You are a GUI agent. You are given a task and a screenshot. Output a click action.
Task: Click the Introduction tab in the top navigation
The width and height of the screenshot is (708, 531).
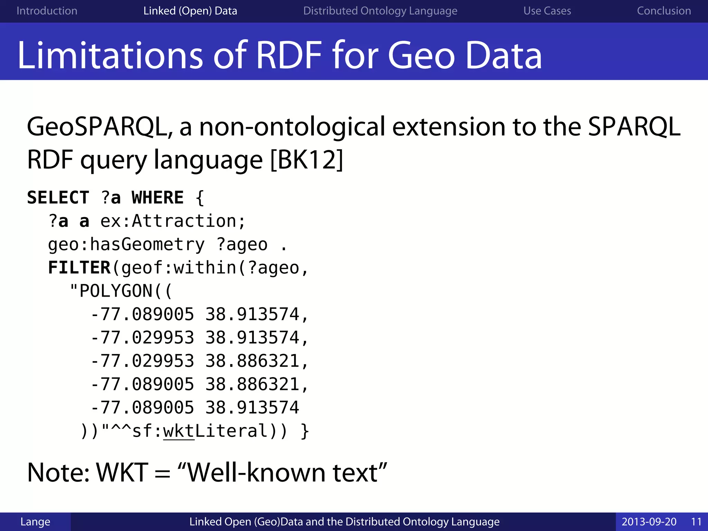(x=47, y=11)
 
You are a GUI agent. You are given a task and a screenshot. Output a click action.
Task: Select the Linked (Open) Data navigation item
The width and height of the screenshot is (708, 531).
(x=190, y=11)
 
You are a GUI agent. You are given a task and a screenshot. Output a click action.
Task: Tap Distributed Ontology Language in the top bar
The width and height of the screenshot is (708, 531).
(x=380, y=11)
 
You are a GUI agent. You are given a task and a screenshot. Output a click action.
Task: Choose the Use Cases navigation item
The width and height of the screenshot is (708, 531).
(x=547, y=11)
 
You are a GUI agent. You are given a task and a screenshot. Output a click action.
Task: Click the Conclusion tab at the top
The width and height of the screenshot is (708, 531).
(x=664, y=11)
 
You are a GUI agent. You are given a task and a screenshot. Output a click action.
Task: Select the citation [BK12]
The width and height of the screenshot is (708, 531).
(x=307, y=160)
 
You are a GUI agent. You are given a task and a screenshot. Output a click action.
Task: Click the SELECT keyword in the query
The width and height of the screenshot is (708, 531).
(x=58, y=198)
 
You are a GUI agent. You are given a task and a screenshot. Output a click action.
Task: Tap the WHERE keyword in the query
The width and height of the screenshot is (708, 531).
(x=158, y=198)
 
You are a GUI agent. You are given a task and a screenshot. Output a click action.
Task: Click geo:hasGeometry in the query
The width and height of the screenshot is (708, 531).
(x=127, y=245)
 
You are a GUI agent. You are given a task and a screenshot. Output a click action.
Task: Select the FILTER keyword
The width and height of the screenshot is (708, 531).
(x=79, y=268)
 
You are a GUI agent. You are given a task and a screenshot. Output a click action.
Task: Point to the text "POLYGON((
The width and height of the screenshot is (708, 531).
(x=121, y=291)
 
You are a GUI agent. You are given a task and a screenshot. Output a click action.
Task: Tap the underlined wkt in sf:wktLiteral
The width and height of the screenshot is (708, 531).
(x=179, y=431)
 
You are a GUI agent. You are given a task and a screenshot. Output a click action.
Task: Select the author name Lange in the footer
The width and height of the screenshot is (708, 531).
(x=35, y=522)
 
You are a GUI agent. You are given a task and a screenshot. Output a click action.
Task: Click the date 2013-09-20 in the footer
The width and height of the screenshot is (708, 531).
(x=649, y=522)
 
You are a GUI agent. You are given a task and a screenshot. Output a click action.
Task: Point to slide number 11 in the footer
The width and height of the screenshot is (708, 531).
(x=696, y=522)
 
